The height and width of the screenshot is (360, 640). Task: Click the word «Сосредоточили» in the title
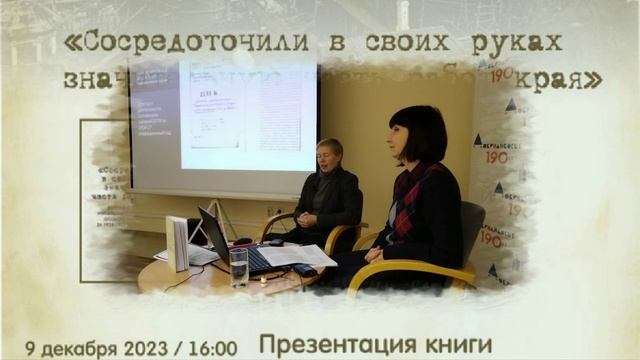point(169,43)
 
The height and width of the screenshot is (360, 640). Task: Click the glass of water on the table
point(238,265)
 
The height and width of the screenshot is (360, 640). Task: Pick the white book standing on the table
point(178,243)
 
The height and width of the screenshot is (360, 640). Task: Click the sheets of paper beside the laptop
point(297,256)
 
